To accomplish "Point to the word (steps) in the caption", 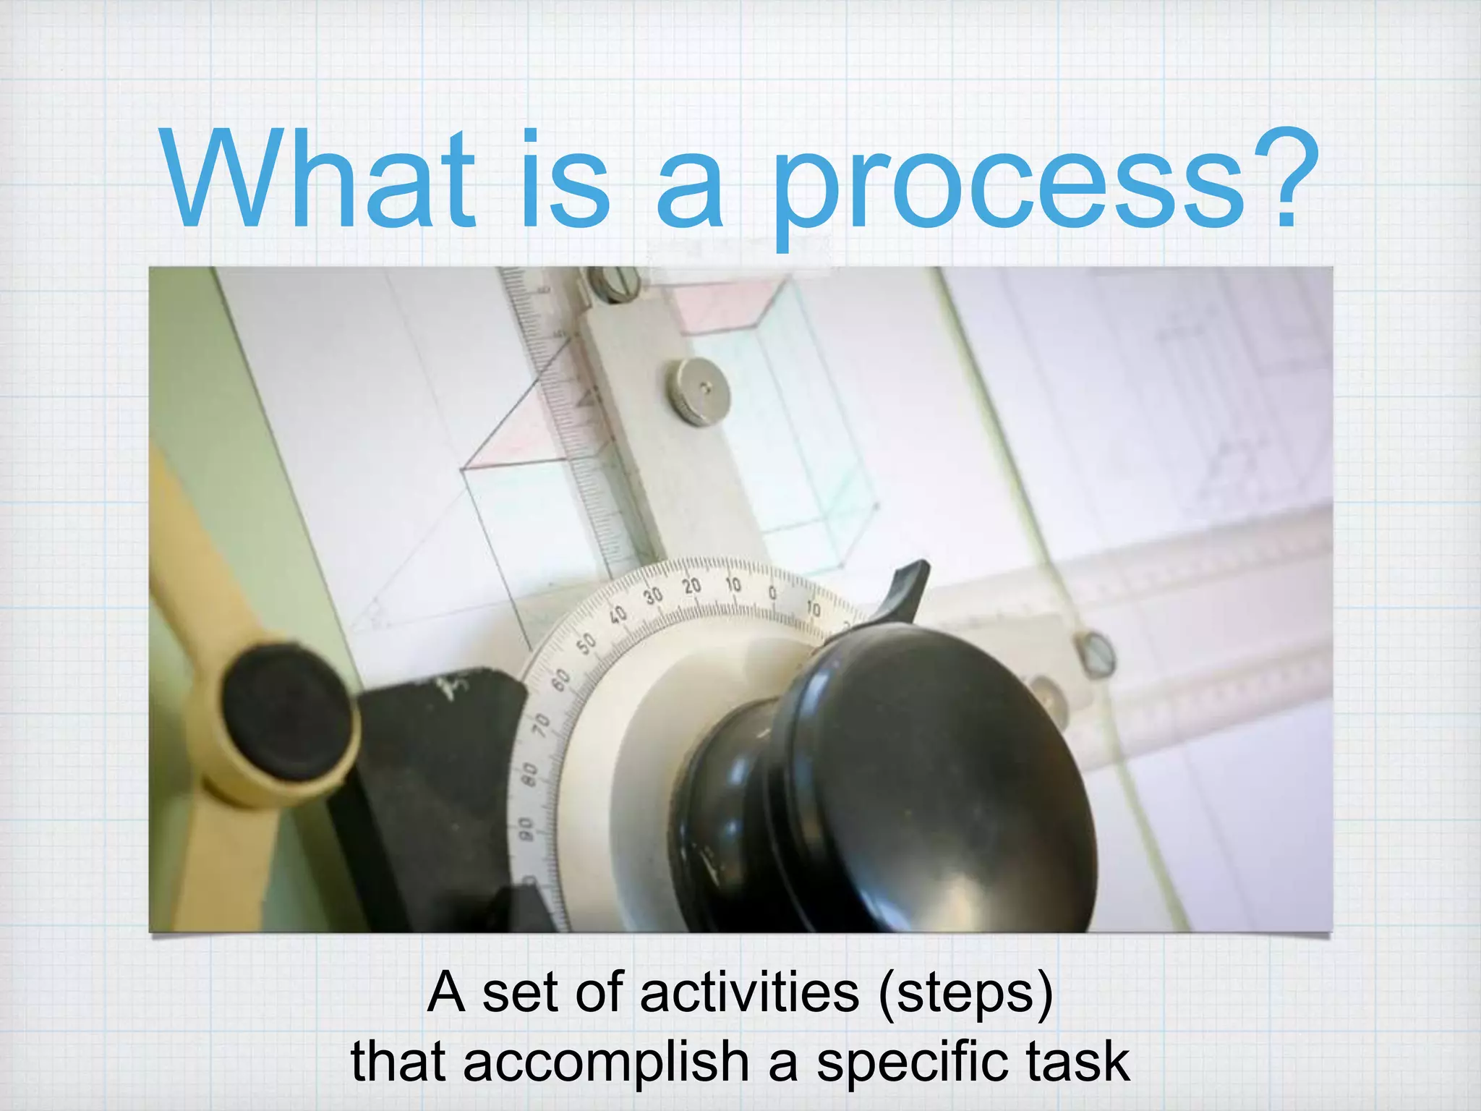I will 966,995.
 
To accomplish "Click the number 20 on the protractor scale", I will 692,585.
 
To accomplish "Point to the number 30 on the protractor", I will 653,595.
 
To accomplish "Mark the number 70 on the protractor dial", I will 541,724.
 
